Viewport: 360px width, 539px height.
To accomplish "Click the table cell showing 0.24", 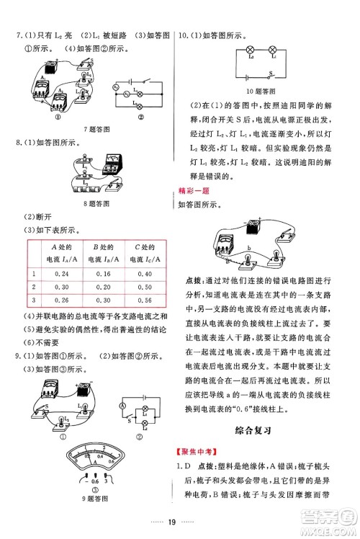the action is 61,275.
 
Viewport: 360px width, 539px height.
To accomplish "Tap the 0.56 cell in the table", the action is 145,300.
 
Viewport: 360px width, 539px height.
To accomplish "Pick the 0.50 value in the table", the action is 145,288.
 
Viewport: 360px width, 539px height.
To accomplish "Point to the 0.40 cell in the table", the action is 145,275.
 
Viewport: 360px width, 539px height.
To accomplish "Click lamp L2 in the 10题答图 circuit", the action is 250,50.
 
